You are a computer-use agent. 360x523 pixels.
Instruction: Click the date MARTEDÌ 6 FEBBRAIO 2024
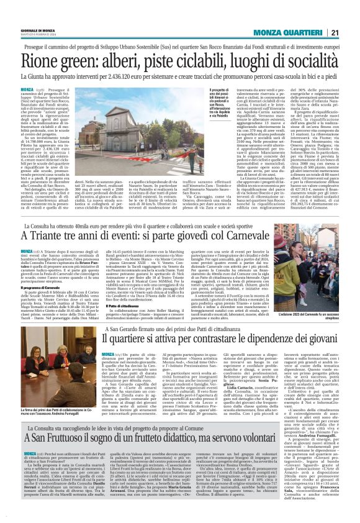[35, 35]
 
